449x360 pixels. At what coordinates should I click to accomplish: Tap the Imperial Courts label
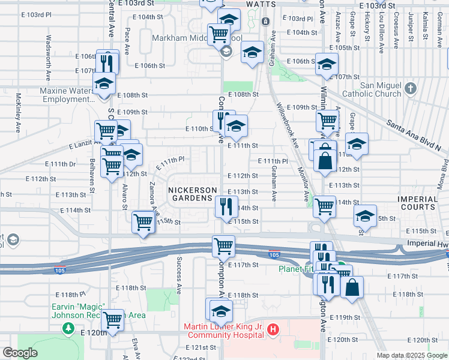click(x=418, y=202)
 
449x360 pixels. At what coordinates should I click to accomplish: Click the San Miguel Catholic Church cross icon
click(x=410, y=89)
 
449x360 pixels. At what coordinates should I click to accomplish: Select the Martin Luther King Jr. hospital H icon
click(x=274, y=329)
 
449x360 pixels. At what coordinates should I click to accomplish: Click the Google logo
click(x=19, y=353)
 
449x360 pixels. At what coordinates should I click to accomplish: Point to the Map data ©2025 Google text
click(x=411, y=355)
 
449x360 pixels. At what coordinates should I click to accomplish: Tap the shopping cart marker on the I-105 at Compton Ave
click(x=223, y=245)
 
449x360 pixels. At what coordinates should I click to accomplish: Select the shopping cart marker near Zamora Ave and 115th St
click(x=143, y=222)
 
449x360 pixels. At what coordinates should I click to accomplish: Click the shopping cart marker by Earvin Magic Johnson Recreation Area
click(x=112, y=320)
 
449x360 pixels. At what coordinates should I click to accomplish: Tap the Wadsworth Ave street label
click(x=48, y=58)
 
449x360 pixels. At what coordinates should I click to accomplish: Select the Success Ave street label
click(x=179, y=275)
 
